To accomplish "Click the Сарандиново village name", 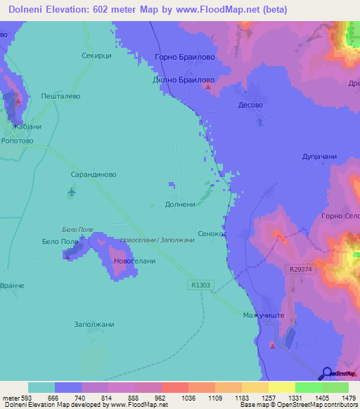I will [94, 174].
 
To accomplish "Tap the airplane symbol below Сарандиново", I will [71, 191].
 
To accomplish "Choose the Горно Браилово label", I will [184, 58].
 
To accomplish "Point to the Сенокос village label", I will [213, 233].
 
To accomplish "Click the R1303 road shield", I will [199, 285].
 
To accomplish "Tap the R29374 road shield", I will [301, 269].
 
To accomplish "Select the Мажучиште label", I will [263, 316].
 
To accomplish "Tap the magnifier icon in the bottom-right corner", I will [327, 373].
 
